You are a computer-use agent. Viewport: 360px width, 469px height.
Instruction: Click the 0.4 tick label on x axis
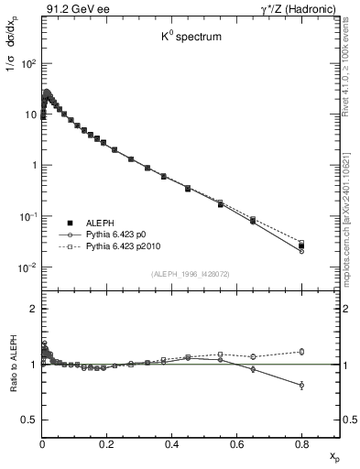(171, 444)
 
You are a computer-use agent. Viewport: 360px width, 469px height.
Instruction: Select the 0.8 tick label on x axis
(301, 444)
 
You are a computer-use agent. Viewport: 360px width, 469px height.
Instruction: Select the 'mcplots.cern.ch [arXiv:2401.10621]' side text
(351, 202)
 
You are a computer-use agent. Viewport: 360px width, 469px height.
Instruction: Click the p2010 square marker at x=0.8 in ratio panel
(301, 351)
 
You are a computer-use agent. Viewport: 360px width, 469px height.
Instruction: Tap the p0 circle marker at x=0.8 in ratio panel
(301, 386)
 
